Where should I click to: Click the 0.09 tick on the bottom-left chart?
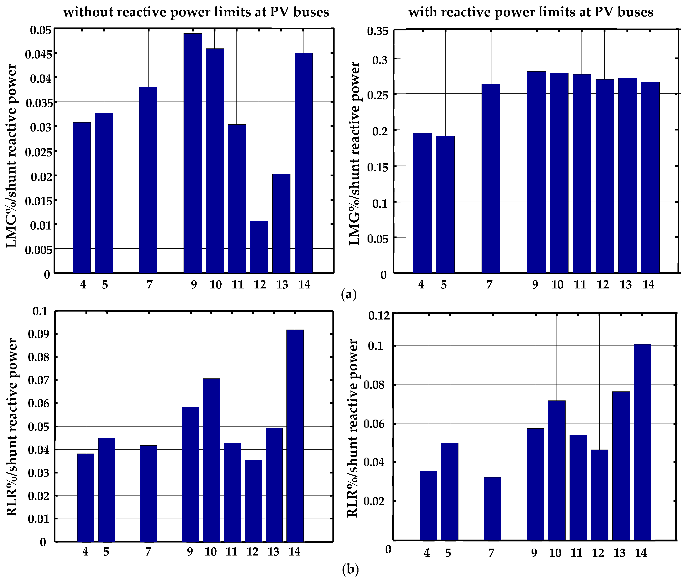point(38,334)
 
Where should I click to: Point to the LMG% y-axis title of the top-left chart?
point(12,156)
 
